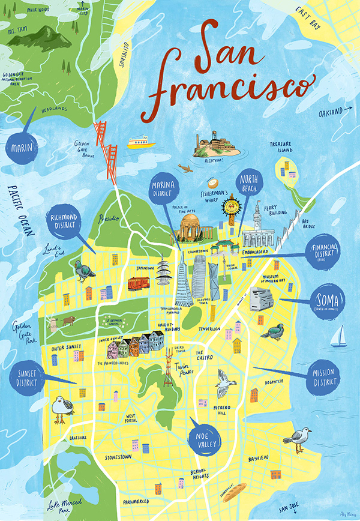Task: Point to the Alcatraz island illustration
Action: point(214,145)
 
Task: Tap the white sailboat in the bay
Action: point(339,337)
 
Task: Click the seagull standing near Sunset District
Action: point(60,409)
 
